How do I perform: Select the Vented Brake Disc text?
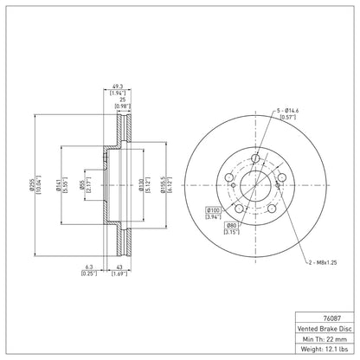(x=325, y=329)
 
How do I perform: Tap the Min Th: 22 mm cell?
(x=325, y=339)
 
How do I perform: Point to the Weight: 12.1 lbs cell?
(x=325, y=350)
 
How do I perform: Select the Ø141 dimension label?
(x=59, y=185)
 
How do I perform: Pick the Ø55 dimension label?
(x=82, y=185)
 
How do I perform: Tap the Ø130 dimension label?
(x=141, y=185)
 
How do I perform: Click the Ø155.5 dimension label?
(x=164, y=185)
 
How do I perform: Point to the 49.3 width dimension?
(x=118, y=87)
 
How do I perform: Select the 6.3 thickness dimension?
(x=89, y=267)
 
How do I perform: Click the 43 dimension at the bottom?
(x=119, y=267)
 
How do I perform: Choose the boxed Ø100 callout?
(x=213, y=210)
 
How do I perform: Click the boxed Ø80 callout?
(x=231, y=225)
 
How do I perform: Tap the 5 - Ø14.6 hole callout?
(x=287, y=111)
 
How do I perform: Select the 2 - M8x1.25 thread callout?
(x=323, y=262)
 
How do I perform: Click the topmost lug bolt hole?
(x=255, y=158)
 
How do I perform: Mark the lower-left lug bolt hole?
(x=239, y=209)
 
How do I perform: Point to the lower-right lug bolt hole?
(x=272, y=209)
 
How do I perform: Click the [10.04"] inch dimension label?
(x=37, y=185)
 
